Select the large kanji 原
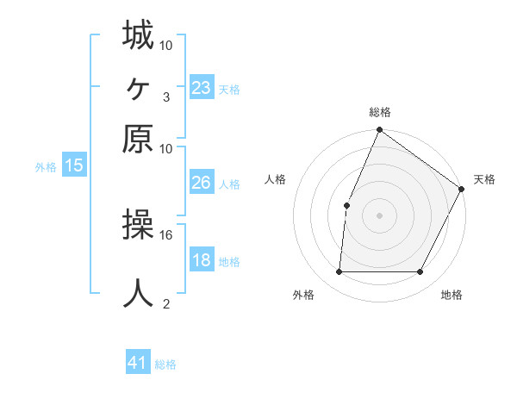[138, 138]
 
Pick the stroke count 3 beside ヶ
[165, 97]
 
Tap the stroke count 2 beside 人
[165, 303]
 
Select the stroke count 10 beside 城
[166, 44]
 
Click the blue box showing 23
[202, 88]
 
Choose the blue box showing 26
[202, 183]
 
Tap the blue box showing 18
[202, 260]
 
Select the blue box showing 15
[74, 165]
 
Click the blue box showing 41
[138, 363]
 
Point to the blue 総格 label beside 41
[165, 364]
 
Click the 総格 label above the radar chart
[379, 113]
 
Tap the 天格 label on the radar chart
[484, 179]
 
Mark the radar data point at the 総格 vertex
[379, 131]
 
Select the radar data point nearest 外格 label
[339, 272]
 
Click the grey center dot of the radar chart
[379, 215]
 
